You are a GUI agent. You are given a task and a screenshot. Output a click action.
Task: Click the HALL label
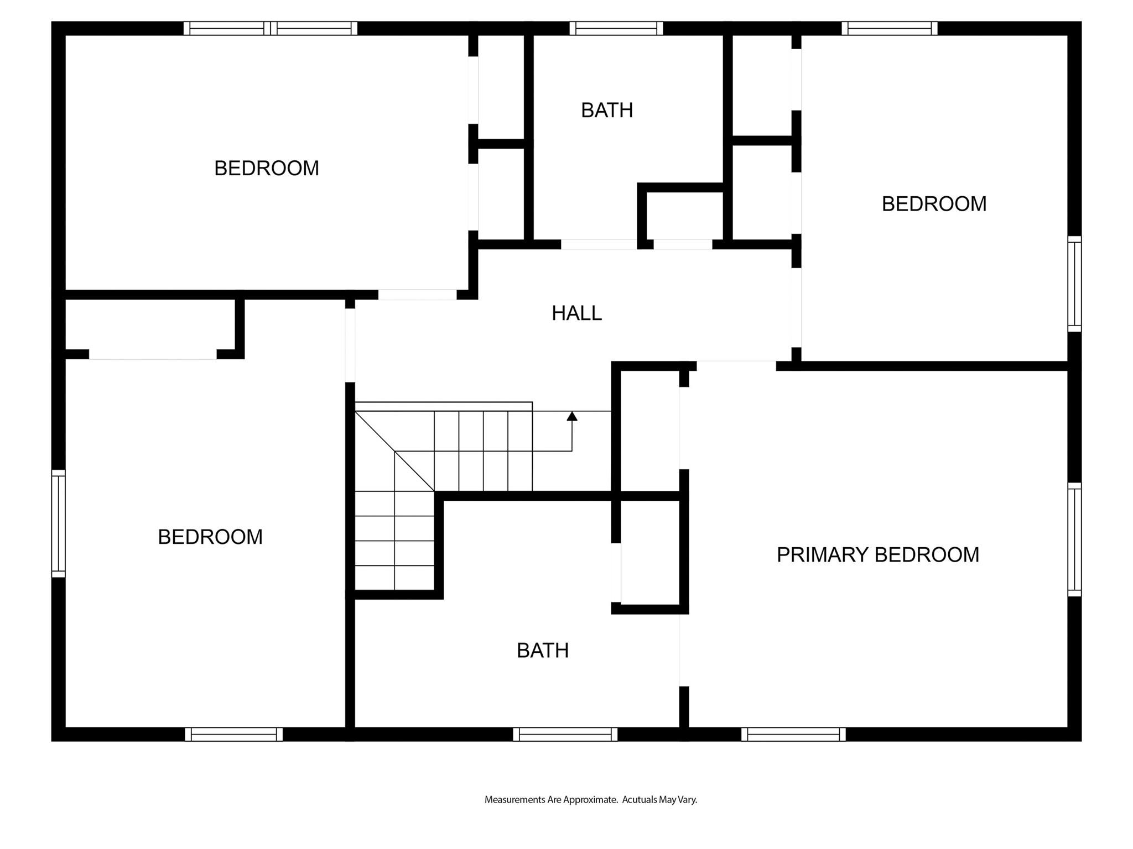point(576,313)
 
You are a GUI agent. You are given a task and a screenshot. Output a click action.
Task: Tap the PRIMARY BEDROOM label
point(878,555)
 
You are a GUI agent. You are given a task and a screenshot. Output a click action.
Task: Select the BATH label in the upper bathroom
point(607,111)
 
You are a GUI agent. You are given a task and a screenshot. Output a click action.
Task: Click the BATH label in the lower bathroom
point(543,651)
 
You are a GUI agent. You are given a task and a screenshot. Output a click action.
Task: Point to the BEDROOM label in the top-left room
point(267,168)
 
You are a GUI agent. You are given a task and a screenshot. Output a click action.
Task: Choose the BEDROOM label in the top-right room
point(934,204)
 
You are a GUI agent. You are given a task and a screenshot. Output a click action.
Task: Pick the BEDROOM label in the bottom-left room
point(210,537)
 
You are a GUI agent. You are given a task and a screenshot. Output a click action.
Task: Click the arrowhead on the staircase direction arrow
point(572,416)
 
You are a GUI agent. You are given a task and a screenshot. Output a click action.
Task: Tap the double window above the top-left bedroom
point(271,28)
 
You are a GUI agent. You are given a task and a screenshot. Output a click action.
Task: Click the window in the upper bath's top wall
point(616,28)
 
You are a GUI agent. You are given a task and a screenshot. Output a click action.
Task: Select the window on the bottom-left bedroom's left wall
point(58,523)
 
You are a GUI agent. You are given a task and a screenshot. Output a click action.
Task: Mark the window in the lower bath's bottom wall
point(565,734)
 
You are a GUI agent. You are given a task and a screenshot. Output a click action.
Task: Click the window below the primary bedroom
point(793,734)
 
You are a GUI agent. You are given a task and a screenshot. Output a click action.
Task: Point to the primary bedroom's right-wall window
point(1074,539)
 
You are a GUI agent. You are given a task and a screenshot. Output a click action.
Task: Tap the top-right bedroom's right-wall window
point(1074,284)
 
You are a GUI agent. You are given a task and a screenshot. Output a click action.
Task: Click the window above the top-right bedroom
point(890,28)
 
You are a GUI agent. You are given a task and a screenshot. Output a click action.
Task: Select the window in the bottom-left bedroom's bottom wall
point(234,734)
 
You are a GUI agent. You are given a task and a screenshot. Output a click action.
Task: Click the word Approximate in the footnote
point(590,800)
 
